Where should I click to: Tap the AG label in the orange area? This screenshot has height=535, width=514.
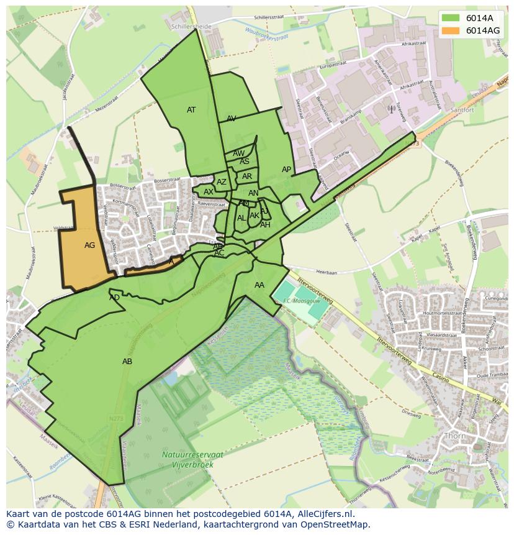pyautogui.click(x=89, y=245)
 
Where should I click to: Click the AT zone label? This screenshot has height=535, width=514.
pyautogui.click(x=191, y=110)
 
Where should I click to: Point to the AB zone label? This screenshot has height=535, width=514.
pyautogui.click(x=127, y=362)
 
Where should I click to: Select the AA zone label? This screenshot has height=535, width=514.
pyautogui.click(x=259, y=285)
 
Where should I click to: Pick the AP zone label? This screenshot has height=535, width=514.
pyautogui.click(x=286, y=170)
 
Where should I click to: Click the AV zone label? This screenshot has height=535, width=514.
pyautogui.click(x=231, y=119)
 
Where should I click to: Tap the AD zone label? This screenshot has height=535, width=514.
pyautogui.click(x=114, y=298)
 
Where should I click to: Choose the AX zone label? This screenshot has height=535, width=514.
pyautogui.click(x=209, y=192)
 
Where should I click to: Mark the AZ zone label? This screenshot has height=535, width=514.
pyautogui.click(x=222, y=182)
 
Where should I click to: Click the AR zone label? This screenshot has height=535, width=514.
pyautogui.click(x=247, y=176)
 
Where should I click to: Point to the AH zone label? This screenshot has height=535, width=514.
pyautogui.click(x=265, y=225)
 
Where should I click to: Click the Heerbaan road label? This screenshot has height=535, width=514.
pyautogui.click(x=327, y=272)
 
